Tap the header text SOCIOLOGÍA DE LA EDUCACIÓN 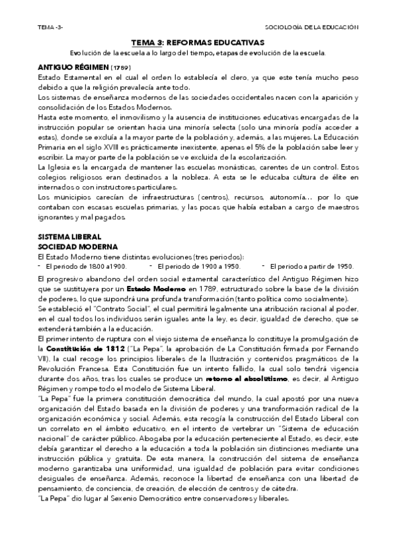(311, 27)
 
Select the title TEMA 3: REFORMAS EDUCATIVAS (198, 42)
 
